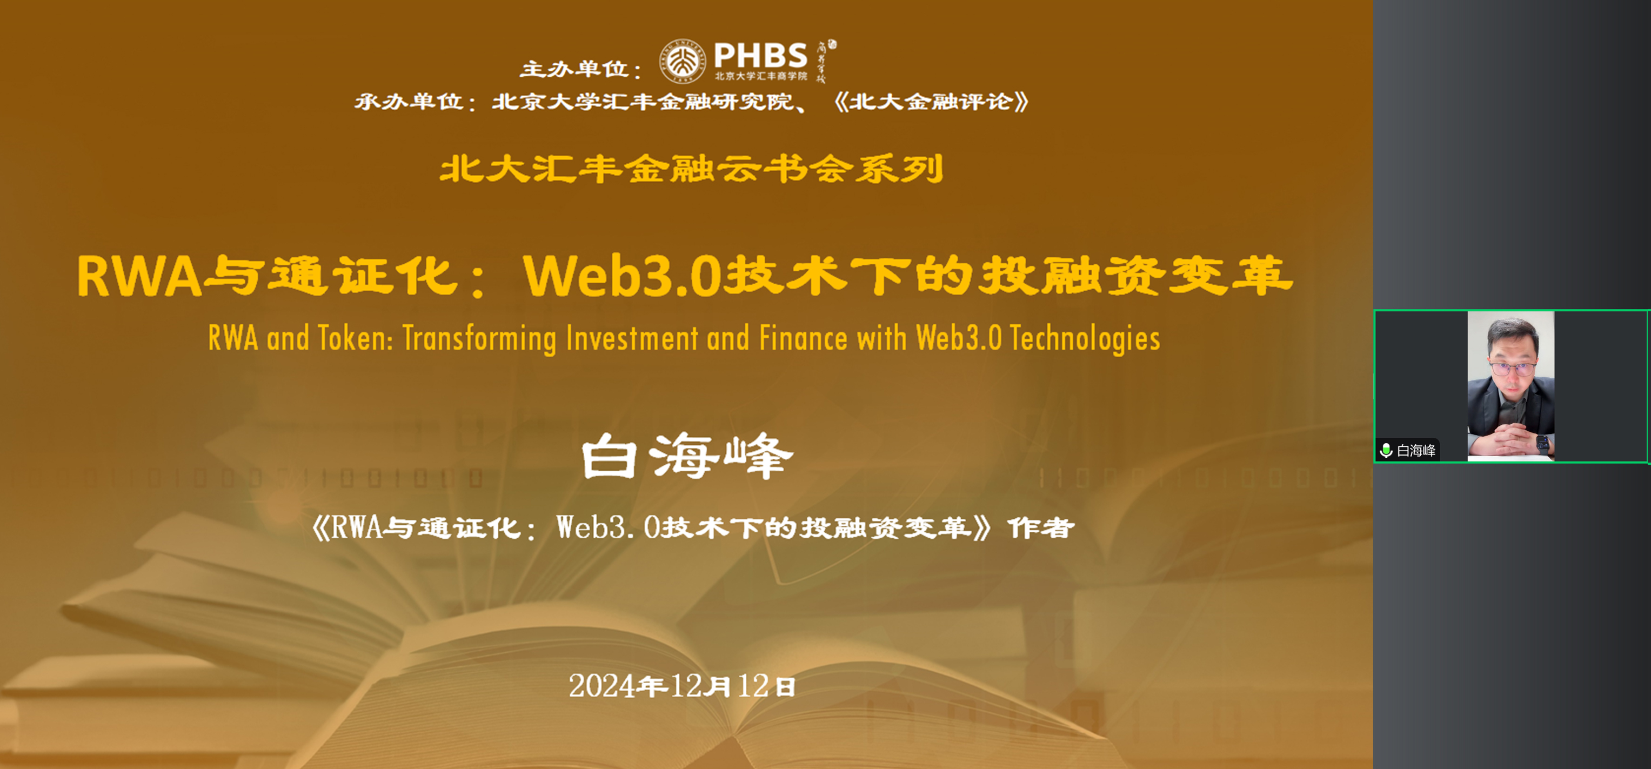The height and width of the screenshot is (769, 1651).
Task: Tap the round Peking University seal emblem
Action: point(683,62)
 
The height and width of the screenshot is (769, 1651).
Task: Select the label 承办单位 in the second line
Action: point(410,101)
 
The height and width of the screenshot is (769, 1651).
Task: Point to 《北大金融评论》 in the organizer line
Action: point(931,101)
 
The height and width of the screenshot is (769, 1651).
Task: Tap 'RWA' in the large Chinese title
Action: point(139,277)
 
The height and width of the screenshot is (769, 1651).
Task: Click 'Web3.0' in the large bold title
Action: point(621,277)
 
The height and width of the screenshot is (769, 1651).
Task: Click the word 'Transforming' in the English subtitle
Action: point(479,338)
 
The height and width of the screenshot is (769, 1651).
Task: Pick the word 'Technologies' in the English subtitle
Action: point(1085,338)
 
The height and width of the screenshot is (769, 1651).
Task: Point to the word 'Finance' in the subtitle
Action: point(803,338)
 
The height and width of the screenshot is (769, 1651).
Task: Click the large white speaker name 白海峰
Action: point(687,457)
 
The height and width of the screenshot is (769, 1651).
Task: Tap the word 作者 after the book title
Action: point(1041,528)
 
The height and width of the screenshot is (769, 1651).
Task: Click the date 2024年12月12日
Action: point(682,686)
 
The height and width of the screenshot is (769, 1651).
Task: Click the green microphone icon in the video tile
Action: point(1386,451)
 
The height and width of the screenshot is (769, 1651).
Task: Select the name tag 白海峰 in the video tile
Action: point(1416,451)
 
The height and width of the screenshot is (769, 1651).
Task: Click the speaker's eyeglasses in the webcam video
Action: point(1512,369)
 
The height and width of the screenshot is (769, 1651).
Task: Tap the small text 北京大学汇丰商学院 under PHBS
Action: point(761,76)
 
